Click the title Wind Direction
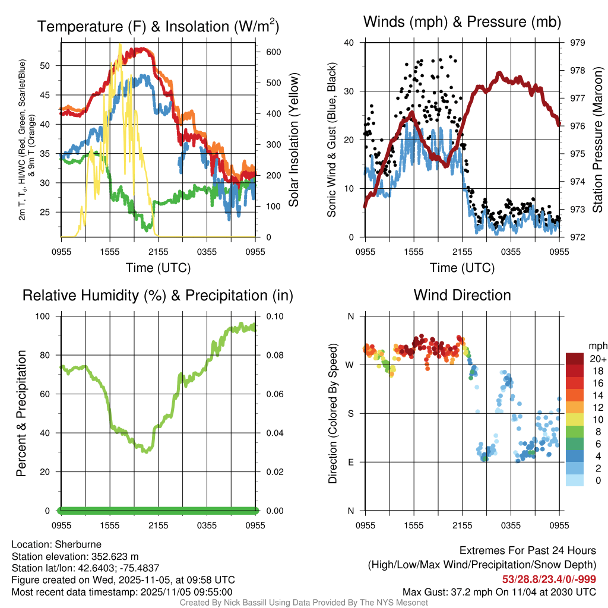[462, 295]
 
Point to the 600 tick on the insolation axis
[274, 52]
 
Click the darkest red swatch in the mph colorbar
[576, 359]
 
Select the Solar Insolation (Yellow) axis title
[293, 140]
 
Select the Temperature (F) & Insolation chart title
[159, 26]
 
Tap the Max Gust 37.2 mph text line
[499, 591]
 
